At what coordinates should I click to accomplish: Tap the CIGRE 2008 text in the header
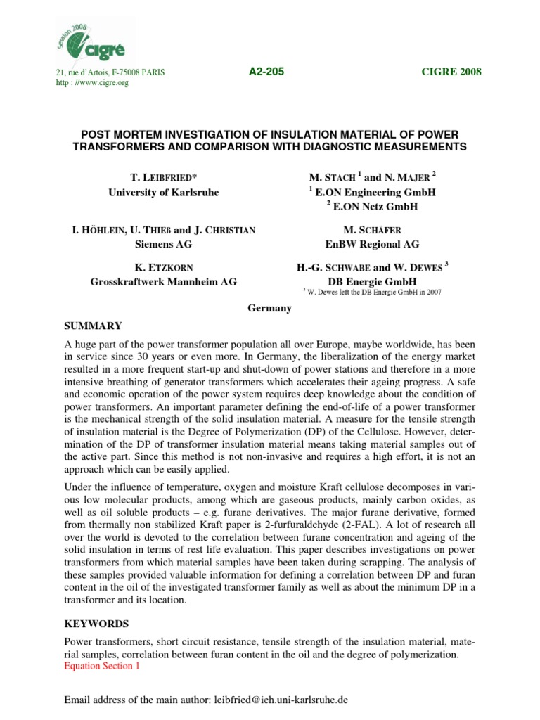click(451, 73)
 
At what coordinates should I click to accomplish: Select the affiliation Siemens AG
click(163, 244)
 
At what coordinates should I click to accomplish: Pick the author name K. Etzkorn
click(163, 269)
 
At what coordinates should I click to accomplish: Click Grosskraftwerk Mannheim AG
click(163, 281)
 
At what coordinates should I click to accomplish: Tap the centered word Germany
click(270, 309)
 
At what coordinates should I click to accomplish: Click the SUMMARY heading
click(93, 326)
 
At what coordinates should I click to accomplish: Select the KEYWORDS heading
click(96, 622)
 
